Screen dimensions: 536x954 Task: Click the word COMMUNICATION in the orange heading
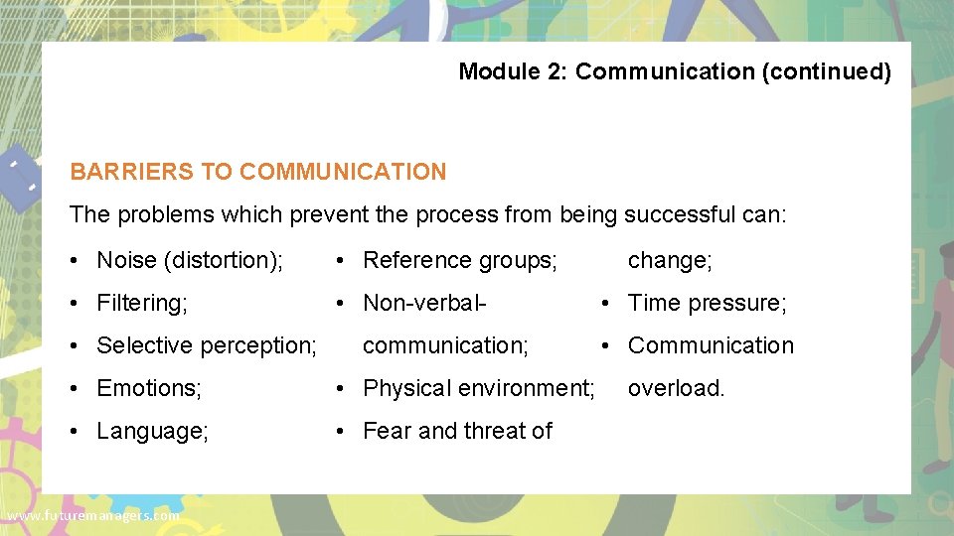pos(343,172)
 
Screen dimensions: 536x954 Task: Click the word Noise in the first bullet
pos(126,260)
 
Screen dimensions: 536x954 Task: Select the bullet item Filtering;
pos(142,303)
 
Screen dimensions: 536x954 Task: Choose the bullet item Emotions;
pos(149,388)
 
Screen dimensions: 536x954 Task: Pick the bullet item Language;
pos(152,431)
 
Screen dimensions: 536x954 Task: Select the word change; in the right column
pos(670,260)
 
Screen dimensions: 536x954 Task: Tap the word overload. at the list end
pos(677,388)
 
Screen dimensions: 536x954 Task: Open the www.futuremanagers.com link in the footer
pos(92,516)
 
